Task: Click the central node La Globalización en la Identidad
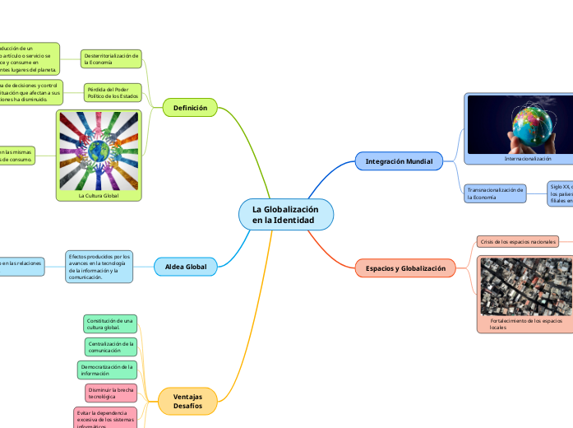point(286,215)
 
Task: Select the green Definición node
point(190,108)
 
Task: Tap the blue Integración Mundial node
point(399,161)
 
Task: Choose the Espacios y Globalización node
point(405,268)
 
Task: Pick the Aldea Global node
point(186,266)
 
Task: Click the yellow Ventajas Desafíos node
point(187,402)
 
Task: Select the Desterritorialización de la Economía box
point(112,58)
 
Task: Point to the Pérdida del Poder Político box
point(113,92)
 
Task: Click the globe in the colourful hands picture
point(99,152)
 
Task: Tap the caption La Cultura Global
point(99,196)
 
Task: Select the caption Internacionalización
point(528,158)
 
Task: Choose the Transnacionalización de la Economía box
point(495,193)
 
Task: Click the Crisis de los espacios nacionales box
point(518,242)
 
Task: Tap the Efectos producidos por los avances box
point(99,267)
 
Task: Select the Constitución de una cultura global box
point(110,323)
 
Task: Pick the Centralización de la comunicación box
point(109,347)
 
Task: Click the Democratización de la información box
point(108,370)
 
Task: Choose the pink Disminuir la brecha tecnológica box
point(110,393)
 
